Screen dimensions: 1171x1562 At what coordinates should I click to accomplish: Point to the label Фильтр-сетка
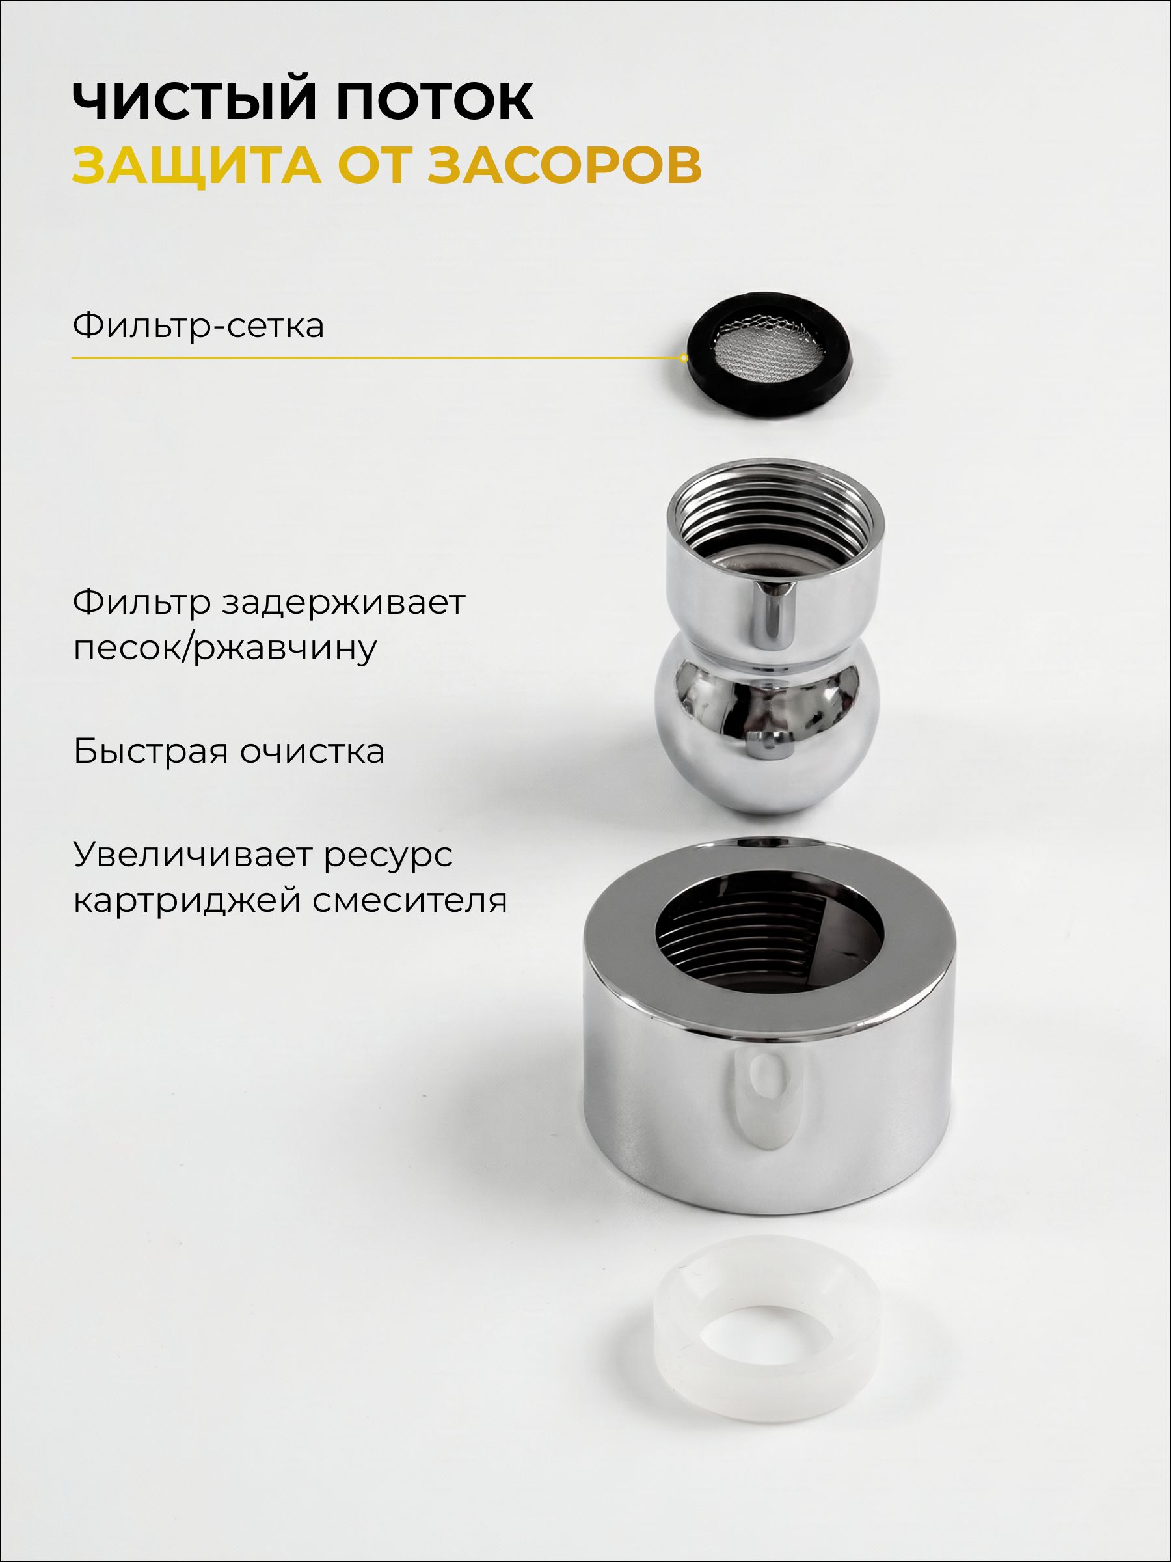coord(198,325)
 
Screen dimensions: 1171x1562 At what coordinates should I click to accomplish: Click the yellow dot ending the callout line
coord(684,358)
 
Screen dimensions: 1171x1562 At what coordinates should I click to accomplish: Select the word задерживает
coord(343,602)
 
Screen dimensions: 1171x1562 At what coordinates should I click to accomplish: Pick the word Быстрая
coord(151,751)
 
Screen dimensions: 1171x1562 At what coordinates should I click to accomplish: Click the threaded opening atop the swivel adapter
coord(775,526)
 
